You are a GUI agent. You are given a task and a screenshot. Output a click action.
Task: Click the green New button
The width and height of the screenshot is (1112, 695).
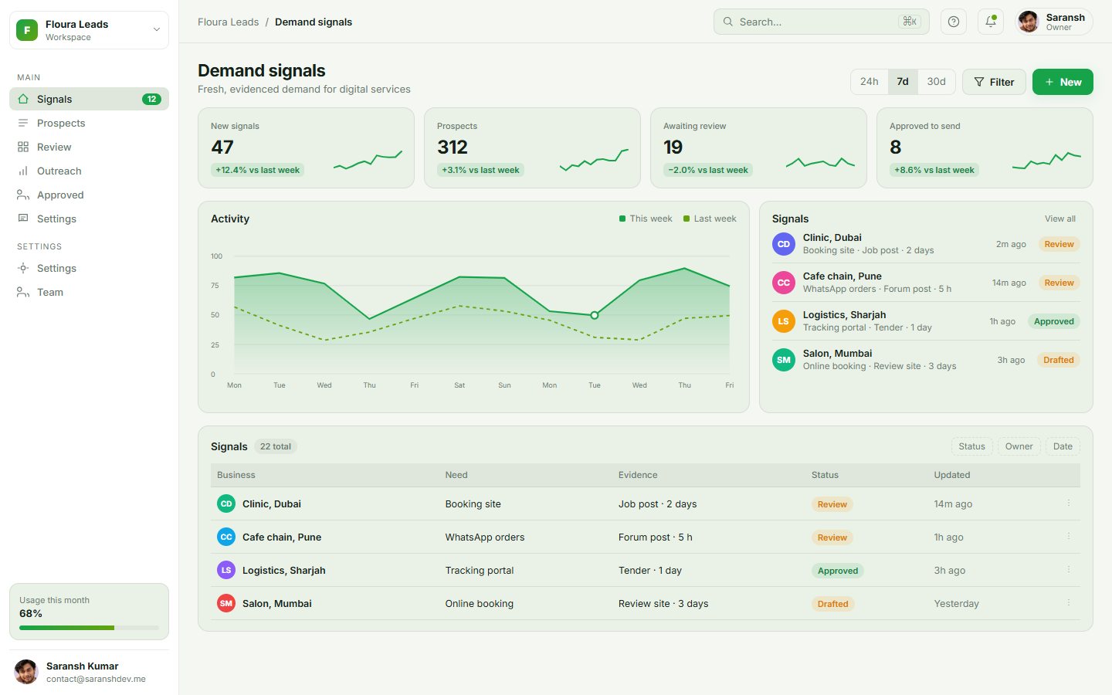(x=1063, y=82)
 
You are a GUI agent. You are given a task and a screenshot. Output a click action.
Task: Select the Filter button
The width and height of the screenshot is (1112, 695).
(x=994, y=82)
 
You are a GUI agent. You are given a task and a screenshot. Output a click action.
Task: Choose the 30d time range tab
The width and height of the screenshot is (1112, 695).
(x=936, y=81)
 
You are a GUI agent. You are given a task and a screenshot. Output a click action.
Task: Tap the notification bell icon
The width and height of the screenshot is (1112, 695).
(x=990, y=22)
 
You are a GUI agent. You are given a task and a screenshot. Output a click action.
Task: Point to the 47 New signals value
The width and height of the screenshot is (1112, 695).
(x=222, y=147)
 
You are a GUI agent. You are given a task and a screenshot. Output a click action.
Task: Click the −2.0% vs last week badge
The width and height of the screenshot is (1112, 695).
(x=708, y=170)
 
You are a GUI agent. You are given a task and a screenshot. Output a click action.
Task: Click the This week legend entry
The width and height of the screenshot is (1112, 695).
(x=646, y=219)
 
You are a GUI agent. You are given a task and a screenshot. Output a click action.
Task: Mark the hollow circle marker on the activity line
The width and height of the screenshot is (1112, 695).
(x=595, y=315)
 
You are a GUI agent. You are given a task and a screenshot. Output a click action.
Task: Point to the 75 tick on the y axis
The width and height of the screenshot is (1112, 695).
(x=215, y=286)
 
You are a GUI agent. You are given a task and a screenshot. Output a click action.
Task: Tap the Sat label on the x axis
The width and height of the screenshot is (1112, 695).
(x=459, y=385)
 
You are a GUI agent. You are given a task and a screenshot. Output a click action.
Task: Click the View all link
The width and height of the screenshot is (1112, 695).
(x=1059, y=219)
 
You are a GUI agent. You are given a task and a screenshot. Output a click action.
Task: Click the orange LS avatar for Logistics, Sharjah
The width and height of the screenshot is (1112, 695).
(x=783, y=321)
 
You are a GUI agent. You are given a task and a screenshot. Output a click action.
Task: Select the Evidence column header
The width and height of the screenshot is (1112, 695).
(x=637, y=475)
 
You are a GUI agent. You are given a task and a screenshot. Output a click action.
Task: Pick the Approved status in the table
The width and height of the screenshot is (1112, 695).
(x=837, y=571)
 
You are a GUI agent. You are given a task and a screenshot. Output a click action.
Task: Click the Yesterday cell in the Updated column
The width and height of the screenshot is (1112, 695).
(x=956, y=604)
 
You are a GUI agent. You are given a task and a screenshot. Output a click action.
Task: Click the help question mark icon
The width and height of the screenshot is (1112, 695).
(x=953, y=22)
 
